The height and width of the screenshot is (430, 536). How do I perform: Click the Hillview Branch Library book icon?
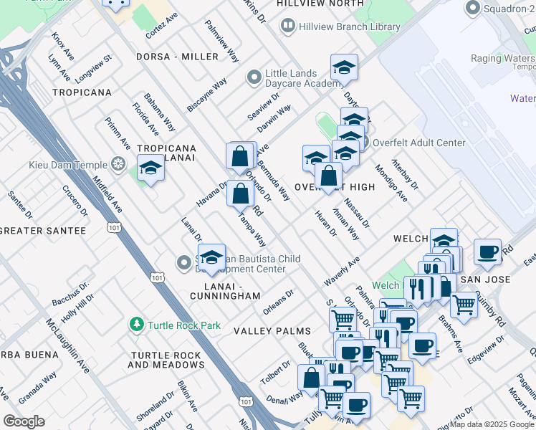[287, 27]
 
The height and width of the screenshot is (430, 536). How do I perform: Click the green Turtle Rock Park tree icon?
[136, 325]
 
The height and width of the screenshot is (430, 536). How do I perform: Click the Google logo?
[24, 421]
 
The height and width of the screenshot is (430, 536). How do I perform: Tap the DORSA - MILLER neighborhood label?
[178, 57]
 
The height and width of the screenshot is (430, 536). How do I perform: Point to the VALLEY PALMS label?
[272, 331]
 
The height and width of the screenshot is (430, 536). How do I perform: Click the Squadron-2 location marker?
[472, 9]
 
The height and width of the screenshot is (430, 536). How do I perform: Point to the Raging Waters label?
[502, 59]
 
